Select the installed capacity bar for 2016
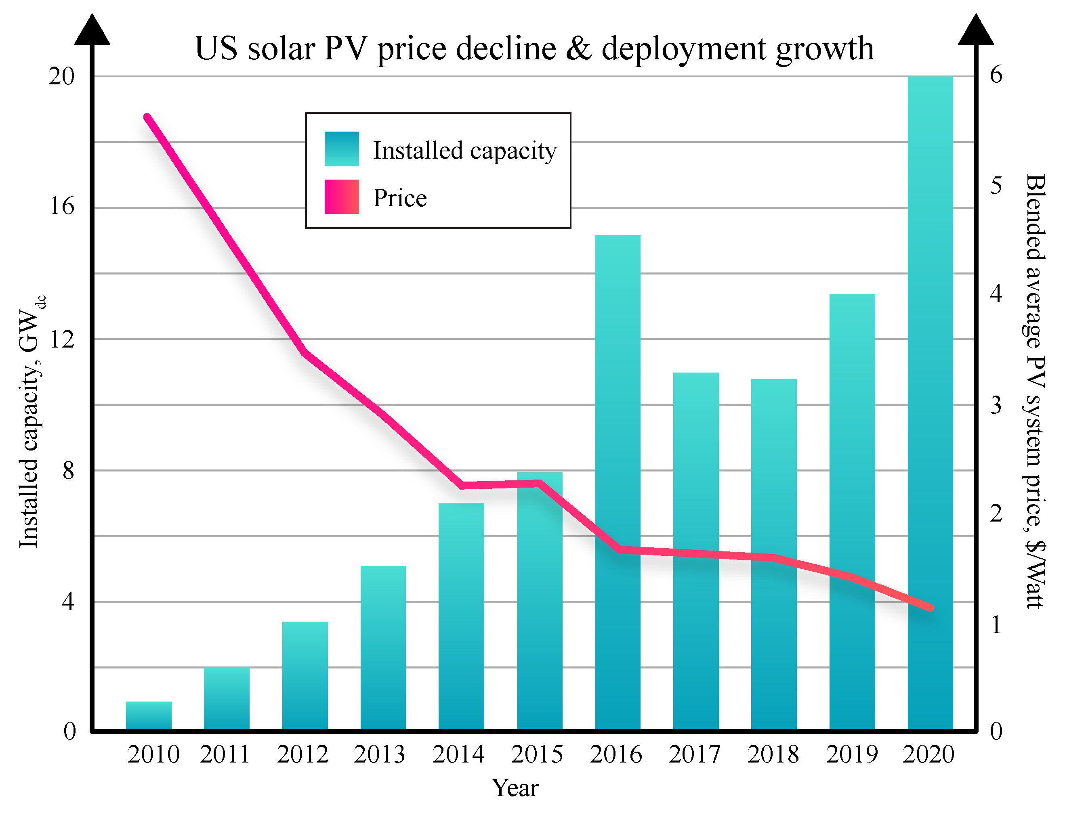618,482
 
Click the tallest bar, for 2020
930,402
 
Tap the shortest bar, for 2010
149,716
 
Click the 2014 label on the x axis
458,754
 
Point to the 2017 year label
694,754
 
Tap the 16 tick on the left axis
62,207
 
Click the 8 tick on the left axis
68,470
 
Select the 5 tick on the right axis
996,185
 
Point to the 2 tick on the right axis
996,513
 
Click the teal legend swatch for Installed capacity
342,149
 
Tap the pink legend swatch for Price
342,197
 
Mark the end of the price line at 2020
930,608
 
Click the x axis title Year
515,788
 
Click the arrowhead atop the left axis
92,29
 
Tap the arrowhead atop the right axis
976,29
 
